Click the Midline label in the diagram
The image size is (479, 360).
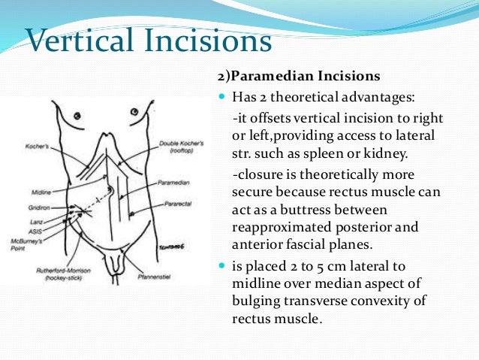[42, 192]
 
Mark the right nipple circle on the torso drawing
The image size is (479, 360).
[134, 112]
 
